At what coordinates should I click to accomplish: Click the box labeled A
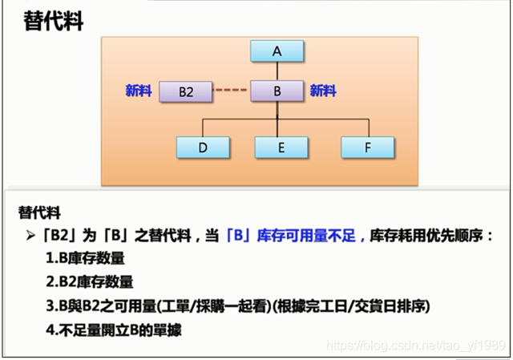pyautogui.click(x=277, y=51)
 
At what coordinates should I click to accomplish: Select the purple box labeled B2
pyautogui.click(x=186, y=91)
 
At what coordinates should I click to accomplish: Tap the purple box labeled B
pyautogui.click(x=277, y=91)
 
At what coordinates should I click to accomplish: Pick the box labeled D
pyautogui.click(x=203, y=147)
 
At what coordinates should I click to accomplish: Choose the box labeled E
pyautogui.click(x=282, y=147)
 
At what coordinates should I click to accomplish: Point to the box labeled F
pyautogui.click(x=367, y=147)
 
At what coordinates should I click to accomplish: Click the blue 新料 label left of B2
pyautogui.click(x=139, y=91)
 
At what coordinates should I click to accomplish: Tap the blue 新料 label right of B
pyautogui.click(x=323, y=91)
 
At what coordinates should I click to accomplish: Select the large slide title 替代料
pyautogui.click(x=53, y=22)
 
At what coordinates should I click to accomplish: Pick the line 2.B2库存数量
pyautogui.click(x=90, y=282)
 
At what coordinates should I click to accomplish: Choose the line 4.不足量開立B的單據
pyautogui.click(x=115, y=329)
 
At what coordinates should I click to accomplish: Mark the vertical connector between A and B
pyautogui.click(x=277, y=71)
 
